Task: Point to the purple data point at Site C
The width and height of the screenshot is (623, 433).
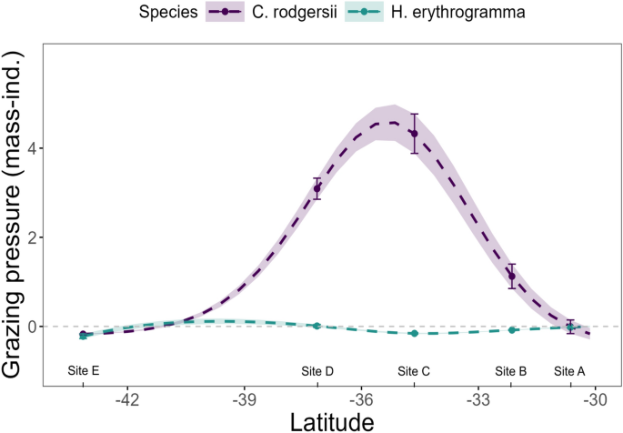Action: click(414, 134)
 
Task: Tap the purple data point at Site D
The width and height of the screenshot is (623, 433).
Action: click(317, 188)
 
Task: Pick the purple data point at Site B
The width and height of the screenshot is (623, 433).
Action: click(512, 276)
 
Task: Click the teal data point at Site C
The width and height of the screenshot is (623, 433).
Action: click(414, 334)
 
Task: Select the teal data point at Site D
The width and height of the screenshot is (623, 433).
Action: click(317, 326)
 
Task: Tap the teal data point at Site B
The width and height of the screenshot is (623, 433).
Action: click(512, 330)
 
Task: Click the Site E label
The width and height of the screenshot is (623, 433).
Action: click(84, 371)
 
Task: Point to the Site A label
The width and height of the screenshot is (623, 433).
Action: click(570, 371)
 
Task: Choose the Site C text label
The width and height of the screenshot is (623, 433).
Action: click(414, 371)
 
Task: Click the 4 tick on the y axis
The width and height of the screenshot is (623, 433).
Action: click(31, 148)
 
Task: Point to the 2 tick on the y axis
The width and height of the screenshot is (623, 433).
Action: click(31, 237)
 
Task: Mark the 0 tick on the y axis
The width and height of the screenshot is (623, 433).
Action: click(31, 327)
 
